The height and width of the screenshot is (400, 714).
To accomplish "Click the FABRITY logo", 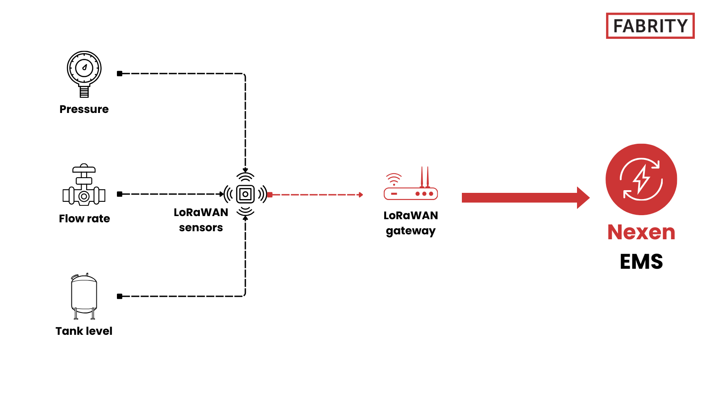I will pos(650,26).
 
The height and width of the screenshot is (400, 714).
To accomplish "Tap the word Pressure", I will pos(84,109).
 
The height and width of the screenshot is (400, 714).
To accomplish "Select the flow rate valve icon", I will pos(84,186).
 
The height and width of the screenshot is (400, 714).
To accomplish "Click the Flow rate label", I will pos(84,219).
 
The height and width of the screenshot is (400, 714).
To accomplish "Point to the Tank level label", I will pos(84,331).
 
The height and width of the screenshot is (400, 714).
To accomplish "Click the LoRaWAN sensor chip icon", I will pos(245,194).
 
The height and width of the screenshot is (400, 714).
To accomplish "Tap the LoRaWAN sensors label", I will pos(201,220).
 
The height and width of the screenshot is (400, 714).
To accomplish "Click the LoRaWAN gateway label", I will pos(411,223).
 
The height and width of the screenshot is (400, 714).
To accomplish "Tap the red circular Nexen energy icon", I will pos(641,179).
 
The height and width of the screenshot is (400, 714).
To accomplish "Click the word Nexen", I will pos(641,233).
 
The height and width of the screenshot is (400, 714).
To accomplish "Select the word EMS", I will pos(641,262).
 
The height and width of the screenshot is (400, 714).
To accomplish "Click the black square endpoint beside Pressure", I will pos(120,74).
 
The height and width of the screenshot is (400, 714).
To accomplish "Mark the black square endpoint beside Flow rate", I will pos(120,194).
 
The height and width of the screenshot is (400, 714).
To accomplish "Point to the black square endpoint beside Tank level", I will pos(120,296).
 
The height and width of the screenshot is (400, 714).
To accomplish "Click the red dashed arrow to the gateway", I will pos(317,195).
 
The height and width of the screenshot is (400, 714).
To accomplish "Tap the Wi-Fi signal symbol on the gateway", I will pos(394,179).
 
